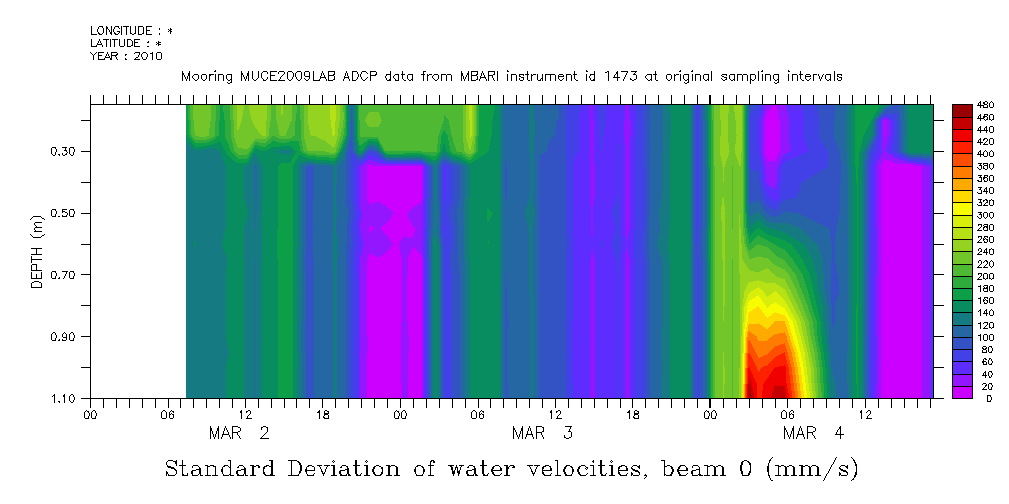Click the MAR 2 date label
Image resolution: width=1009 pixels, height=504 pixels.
[x=238, y=434]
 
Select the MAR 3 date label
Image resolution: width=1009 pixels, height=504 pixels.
[x=542, y=434]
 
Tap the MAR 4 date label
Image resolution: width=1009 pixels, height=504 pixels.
[x=814, y=434]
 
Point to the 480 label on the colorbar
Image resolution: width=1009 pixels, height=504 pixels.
[x=985, y=105]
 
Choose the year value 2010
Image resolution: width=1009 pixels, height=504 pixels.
[x=148, y=57]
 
